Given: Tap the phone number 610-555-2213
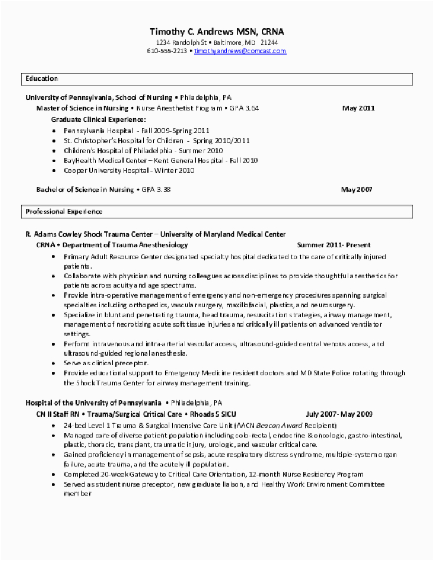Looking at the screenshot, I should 167,51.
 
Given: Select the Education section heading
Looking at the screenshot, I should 42,78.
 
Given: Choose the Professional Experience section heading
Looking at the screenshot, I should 64,212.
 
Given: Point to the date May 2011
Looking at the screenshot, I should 358,108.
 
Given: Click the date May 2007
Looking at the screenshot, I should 356,189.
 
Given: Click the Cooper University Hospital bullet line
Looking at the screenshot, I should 129,171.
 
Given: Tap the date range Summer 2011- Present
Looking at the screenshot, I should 334,245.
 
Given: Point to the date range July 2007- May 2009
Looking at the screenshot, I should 339,414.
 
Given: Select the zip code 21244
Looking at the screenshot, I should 269,42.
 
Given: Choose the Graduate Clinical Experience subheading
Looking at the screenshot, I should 99,118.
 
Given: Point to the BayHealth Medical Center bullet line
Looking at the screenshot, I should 161,161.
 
